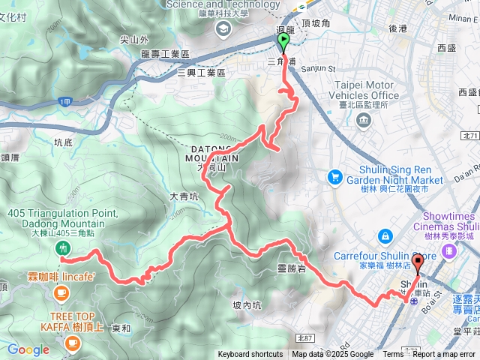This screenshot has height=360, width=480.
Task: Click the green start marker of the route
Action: pos(283,40)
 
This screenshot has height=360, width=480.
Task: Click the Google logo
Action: pos(28,349)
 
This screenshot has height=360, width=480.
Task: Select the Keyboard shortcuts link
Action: pos(250,355)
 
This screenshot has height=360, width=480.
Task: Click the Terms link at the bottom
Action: pos(393,355)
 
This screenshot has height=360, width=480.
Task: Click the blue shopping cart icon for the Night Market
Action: pos(334,177)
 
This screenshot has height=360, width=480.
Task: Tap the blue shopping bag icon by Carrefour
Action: pos(384,235)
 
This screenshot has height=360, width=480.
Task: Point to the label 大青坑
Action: pos(184,196)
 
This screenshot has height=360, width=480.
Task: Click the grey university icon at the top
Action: pos(222,28)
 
